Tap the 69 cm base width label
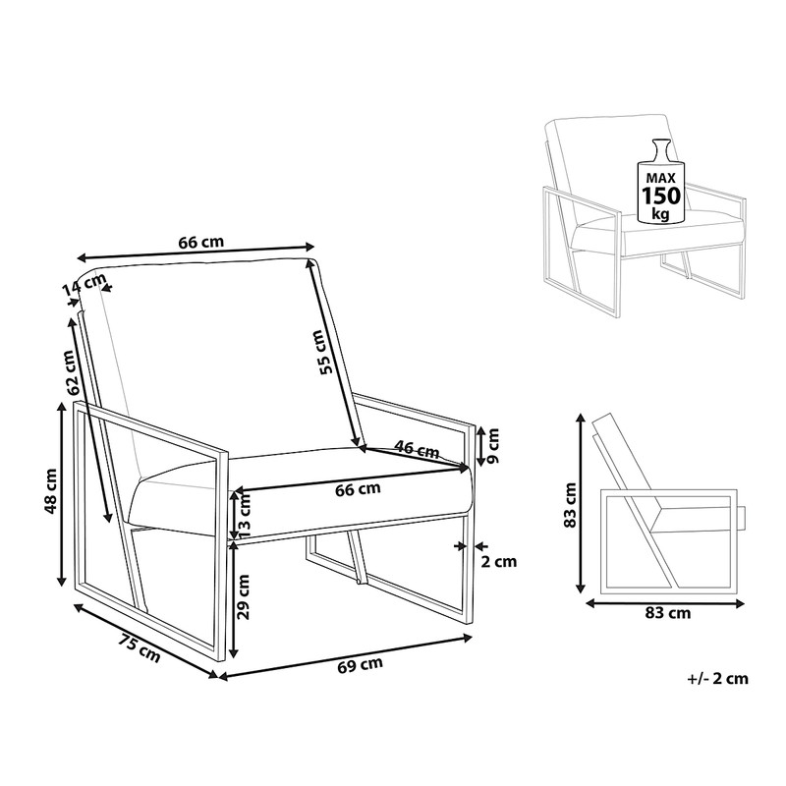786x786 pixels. click(x=360, y=665)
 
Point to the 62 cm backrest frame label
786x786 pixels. click(x=71, y=373)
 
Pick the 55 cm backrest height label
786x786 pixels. click(x=324, y=352)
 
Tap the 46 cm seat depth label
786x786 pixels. click(x=417, y=449)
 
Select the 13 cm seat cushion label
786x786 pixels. click(x=244, y=516)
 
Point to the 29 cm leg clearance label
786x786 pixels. click(x=244, y=597)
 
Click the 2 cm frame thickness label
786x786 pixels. click(x=499, y=561)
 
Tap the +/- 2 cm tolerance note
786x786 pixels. click(x=718, y=679)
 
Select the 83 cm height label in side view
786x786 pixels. click(x=570, y=505)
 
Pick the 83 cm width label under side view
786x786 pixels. click(x=668, y=612)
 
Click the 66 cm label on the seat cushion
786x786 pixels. click(x=358, y=488)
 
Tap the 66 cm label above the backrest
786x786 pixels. click(x=201, y=242)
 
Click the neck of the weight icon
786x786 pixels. click(x=661, y=149)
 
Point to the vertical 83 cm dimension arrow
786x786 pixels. click(x=581, y=503)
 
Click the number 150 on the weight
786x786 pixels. click(x=662, y=196)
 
